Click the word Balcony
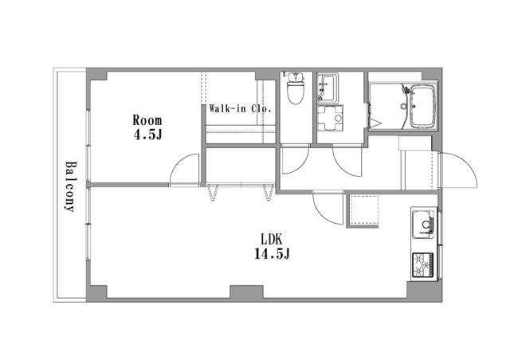(70, 186)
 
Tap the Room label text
(147, 120)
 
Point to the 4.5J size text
(148, 135)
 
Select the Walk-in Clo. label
(241, 108)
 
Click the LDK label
(272, 240)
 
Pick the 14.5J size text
(272, 254)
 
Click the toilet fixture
(296, 88)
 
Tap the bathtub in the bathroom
(422, 107)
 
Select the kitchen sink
(423, 225)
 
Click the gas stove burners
(423, 265)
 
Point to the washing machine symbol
(330, 118)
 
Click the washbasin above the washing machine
(328, 88)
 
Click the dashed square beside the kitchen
(363, 211)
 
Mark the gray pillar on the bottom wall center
(246, 292)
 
